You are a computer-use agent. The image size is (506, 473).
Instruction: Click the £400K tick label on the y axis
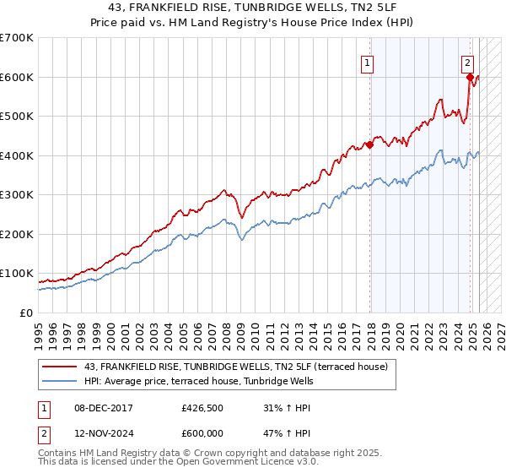(x=16, y=155)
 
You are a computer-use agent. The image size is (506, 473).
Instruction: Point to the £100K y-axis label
(x=16, y=274)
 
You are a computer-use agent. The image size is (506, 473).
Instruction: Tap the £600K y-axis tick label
(x=16, y=77)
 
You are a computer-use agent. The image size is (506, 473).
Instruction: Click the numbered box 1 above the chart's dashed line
(x=369, y=63)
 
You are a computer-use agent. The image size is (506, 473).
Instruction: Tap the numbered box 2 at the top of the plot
(x=468, y=63)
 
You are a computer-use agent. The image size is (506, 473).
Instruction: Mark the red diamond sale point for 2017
(x=369, y=144)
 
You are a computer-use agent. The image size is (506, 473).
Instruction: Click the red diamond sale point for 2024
(x=470, y=77)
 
